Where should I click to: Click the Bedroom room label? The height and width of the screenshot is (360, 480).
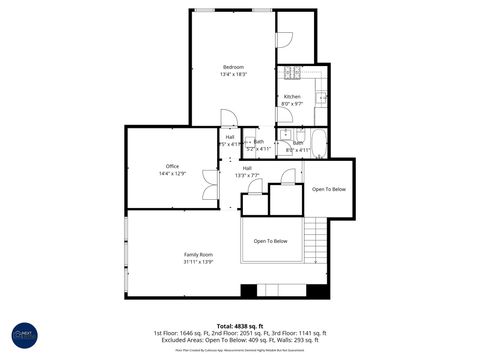[x=233, y=67]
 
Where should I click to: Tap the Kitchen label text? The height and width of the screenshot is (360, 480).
[x=291, y=97]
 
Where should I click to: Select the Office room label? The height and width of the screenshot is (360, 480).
[x=172, y=166]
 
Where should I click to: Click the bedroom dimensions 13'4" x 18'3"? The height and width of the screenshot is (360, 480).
[x=233, y=74]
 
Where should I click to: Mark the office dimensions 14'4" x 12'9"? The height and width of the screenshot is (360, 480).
[x=172, y=174]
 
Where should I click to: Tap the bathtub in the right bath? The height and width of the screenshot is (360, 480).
[x=319, y=139]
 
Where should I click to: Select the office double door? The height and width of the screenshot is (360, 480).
[x=208, y=183]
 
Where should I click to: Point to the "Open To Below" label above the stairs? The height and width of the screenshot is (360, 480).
[x=329, y=189]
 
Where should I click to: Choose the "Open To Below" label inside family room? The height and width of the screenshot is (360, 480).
[x=270, y=241]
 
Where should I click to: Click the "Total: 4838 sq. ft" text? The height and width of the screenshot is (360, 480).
[x=239, y=326]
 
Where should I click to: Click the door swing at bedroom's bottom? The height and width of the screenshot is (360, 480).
[x=227, y=118]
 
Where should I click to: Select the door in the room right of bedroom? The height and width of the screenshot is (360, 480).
[x=283, y=39]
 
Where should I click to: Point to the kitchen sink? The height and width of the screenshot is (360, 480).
[x=320, y=97]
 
